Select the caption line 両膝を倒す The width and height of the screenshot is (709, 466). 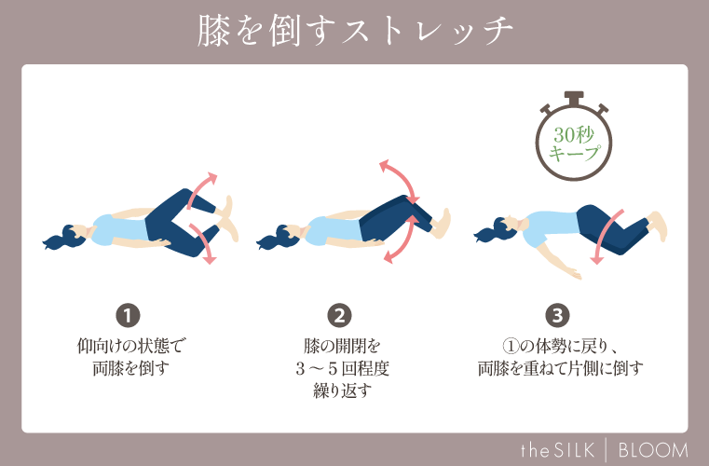point(128,367)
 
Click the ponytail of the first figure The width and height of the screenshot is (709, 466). point(58,240)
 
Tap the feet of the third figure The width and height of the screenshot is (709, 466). point(657,225)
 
